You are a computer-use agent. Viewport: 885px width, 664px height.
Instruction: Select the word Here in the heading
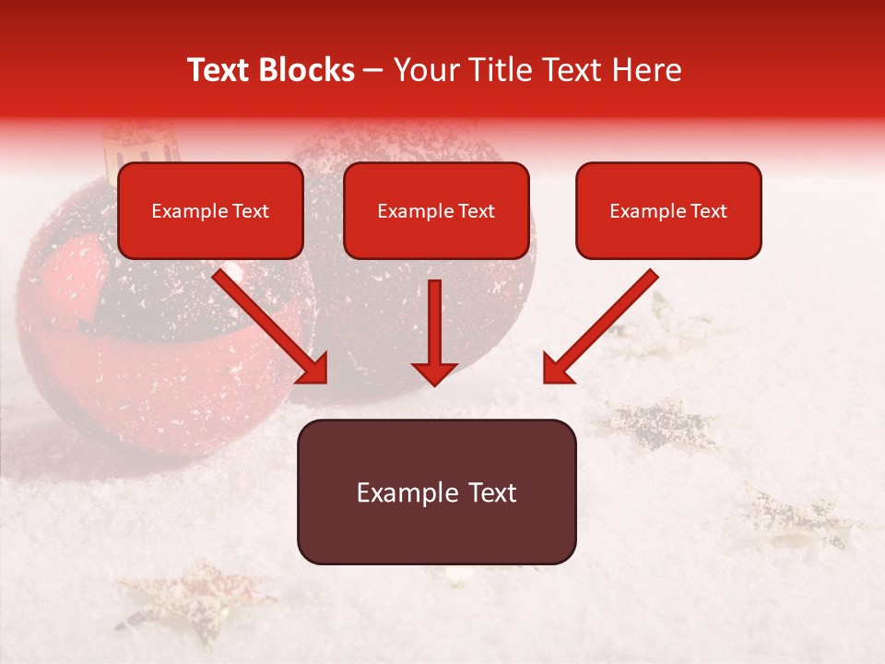647,70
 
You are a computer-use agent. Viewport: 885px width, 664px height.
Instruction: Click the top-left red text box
210,210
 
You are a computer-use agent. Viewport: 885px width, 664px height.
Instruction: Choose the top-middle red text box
436,210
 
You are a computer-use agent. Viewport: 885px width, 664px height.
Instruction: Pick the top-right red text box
668,210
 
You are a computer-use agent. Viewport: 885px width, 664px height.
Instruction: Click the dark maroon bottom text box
436,492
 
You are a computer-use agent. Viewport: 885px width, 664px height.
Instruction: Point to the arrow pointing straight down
434,332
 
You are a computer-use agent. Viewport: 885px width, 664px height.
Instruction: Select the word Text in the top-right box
708,211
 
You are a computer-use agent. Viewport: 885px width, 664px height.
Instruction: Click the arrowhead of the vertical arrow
434,371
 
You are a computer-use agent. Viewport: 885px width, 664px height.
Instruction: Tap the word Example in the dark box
407,492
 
